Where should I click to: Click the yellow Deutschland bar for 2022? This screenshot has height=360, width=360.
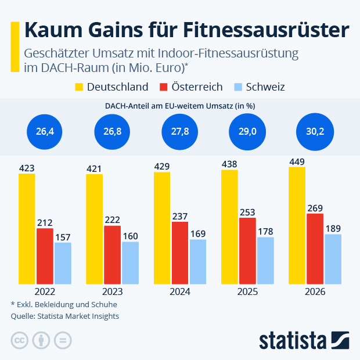pos(27,228)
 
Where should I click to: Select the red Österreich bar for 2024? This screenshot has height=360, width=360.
pos(180,253)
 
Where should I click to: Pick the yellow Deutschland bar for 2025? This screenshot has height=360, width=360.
pos(230,226)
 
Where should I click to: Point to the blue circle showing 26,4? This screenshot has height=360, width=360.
pos(45,132)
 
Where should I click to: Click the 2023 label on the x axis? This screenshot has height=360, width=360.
pos(112,291)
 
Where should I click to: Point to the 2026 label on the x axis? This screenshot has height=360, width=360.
pos(315,291)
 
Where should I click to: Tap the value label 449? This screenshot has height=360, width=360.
pos(297,162)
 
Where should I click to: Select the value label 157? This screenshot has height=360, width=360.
pos(63,237)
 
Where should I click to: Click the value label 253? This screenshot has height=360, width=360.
pos(247,212)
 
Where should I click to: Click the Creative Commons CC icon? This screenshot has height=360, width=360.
pos(20,340)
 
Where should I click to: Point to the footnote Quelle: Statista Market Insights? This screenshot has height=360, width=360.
pos(64,316)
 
